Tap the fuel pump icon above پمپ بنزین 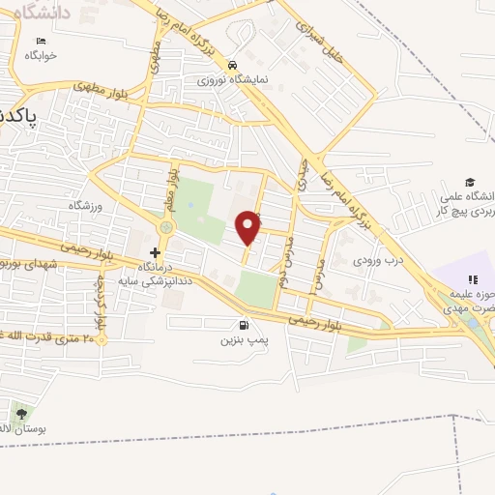(x=241, y=326)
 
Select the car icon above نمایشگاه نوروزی (x=232, y=65)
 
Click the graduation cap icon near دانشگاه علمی (x=470, y=182)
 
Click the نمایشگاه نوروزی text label (x=233, y=79)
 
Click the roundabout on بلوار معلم (x=165, y=227)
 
